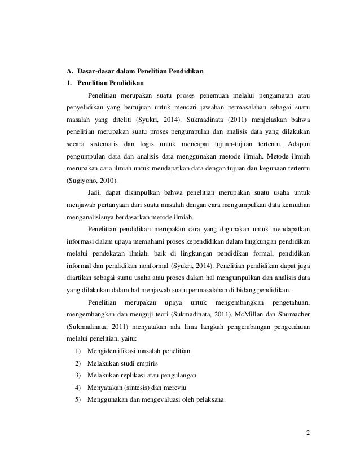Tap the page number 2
[x=308, y=433]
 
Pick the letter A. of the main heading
[x=70, y=71]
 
